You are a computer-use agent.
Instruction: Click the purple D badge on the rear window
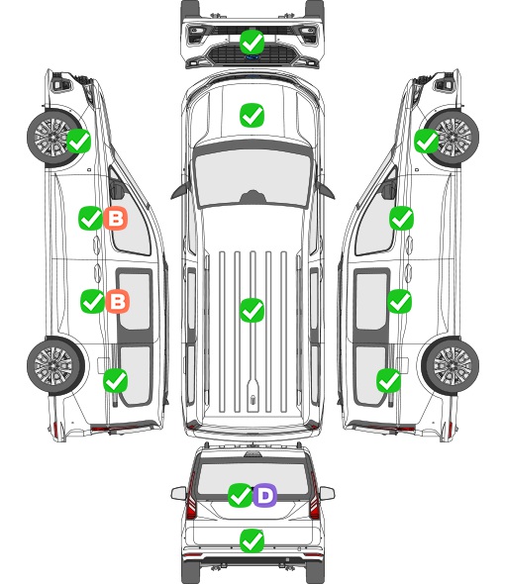click(265, 495)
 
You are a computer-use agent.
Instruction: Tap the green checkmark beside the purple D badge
click(240, 495)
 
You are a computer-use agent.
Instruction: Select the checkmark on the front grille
click(252, 42)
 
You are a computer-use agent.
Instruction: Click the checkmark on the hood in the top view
click(252, 115)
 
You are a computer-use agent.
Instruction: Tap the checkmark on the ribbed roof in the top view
click(252, 310)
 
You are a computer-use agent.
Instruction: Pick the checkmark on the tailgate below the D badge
click(252, 540)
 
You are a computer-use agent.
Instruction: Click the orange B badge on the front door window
click(116, 218)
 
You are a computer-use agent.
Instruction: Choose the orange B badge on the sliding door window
click(118, 301)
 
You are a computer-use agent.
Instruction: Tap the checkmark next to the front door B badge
click(90, 218)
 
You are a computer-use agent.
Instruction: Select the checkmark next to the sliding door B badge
click(92, 301)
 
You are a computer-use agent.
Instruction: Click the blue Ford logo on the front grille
click(252, 57)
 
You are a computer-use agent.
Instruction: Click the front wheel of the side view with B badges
click(55, 137)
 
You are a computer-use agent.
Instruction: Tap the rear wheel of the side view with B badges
click(55, 366)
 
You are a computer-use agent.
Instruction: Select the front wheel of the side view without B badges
click(451, 137)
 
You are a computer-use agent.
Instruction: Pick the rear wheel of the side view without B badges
click(451, 366)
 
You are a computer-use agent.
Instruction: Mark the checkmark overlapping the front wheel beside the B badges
click(78, 141)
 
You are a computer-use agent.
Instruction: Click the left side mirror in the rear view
click(178, 493)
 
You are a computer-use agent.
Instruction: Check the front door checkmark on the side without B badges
click(401, 218)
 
